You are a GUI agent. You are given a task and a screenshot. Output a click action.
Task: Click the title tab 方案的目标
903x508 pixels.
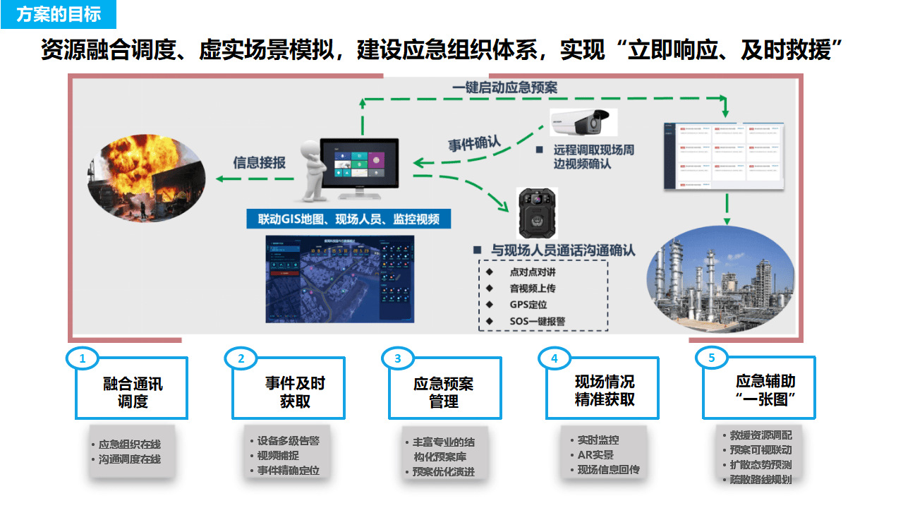[x=59, y=14]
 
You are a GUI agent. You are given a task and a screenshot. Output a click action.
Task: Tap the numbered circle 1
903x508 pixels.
[x=83, y=358]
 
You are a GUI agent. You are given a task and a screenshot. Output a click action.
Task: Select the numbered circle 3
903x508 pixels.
[x=398, y=358]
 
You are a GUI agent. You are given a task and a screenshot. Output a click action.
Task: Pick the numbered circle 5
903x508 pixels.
[x=711, y=358]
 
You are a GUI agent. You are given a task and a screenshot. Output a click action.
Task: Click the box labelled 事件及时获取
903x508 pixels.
[x=289, y=392]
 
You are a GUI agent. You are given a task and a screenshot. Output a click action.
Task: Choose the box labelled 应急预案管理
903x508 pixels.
[x=445, y=392]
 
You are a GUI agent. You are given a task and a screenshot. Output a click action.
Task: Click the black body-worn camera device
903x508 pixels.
[x=537, y=212]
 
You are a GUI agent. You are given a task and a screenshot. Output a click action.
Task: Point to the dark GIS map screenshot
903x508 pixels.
[x=339, y=279]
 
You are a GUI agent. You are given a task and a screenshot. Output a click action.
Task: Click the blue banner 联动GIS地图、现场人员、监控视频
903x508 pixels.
[x=349, y=219]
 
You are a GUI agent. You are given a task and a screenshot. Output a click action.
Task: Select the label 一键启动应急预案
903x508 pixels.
[x=504, y=87]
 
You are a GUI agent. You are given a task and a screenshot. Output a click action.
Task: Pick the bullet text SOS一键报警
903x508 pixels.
[x=537, y=321]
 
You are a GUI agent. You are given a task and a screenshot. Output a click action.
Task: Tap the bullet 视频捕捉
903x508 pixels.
[x=278, y=455]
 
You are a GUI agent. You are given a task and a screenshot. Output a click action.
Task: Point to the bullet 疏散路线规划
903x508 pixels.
[x=760, y=480]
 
